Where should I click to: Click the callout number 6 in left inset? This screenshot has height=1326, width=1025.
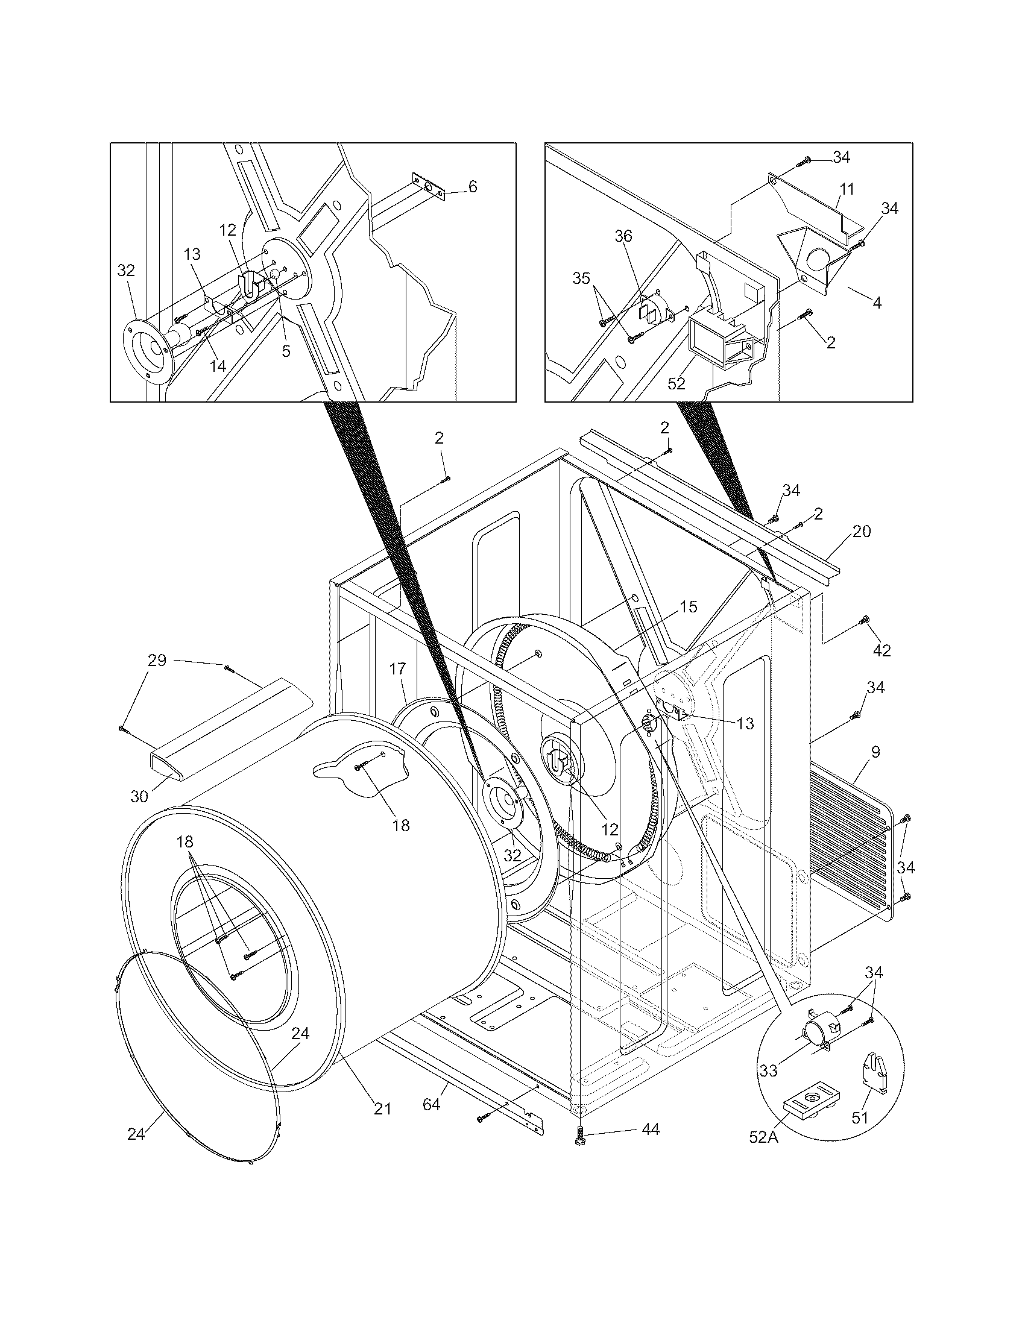473,186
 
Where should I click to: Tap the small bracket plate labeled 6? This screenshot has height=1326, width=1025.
429,187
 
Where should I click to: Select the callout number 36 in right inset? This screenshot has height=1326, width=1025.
623,236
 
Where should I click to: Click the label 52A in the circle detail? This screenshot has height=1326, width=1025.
763,1137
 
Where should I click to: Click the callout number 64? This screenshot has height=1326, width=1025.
431,1104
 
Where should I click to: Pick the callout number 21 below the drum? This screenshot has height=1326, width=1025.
382,1108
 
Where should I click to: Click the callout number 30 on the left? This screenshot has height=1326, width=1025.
139,796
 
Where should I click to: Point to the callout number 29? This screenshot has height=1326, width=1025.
157,660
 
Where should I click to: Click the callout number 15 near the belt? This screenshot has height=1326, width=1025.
688,606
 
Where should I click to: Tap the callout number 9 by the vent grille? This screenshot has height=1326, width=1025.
875,752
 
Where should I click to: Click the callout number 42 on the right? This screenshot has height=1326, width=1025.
881,650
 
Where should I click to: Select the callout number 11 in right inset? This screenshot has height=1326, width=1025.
847,189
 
